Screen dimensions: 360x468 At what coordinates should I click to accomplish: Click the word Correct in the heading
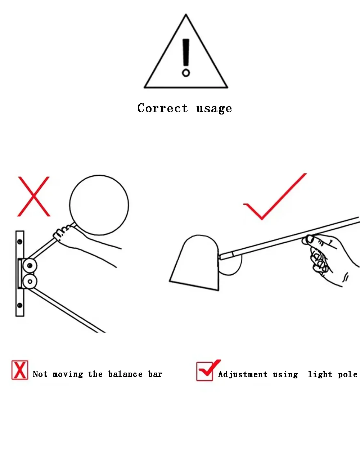[x=163, y=108]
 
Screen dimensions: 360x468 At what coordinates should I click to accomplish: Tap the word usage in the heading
[x=214, y=109]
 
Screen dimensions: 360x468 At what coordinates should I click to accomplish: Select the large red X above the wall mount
[x=34, y=197]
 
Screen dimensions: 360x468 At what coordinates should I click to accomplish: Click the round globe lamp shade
[x=99, y=205]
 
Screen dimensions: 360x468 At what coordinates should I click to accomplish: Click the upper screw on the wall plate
[x=19, y=242]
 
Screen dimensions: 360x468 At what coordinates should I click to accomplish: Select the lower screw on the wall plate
[x=19, y=305]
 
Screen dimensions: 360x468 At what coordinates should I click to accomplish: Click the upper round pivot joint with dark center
[x=30, y=266]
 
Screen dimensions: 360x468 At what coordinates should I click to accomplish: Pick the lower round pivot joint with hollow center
[x=30, y=282]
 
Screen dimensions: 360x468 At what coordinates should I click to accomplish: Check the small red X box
[x=20, y=370]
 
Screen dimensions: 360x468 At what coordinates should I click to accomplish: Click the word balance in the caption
[x=125, y=374]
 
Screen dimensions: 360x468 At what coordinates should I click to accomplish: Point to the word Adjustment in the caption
[x=243, y=374]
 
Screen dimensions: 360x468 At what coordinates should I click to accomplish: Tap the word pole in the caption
[x=348, y=375]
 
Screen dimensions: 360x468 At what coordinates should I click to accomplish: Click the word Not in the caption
[x=40, y=374]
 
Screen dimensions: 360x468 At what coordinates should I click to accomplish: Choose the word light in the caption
[x=320, y=375]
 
